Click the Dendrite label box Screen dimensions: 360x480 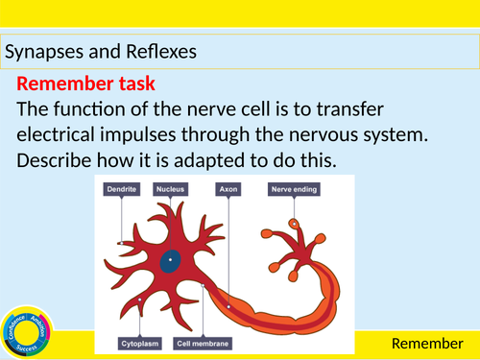[x=119, y=190]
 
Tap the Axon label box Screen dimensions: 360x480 [x=228, y=190]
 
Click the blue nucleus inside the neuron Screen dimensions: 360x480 [x=170, y=258]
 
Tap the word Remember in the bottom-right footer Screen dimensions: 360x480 [x=424, y=343]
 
